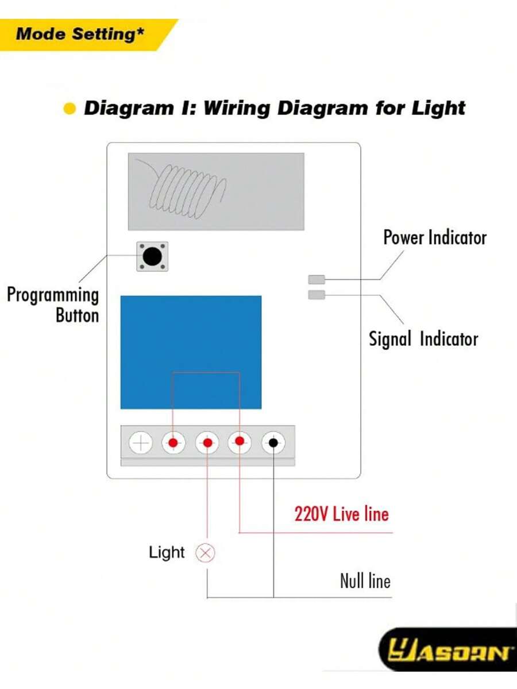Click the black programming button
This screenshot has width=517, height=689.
(152, 256)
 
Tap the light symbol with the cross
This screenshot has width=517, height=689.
(205, 553)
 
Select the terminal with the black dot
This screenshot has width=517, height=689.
(274, 442)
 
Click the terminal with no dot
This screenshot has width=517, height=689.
(141, 444)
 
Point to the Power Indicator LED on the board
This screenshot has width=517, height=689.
(317, 280)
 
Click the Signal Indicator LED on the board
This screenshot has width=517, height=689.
(317, 295)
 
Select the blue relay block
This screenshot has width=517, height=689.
(191, 352)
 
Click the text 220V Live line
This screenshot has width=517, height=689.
(341, 514)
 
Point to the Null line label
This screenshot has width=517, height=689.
(365, 580)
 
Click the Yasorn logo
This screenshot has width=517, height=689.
(449, 652)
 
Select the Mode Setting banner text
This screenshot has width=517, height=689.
(80, 34)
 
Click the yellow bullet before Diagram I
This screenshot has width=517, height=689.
(70, 109)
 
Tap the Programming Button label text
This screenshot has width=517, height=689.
(53, 305)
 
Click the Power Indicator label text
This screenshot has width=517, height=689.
(435, 237)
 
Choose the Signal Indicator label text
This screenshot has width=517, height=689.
(423, 339)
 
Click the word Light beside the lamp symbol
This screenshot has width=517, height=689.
(167, 553)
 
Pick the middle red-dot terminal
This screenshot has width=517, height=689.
(207, 443)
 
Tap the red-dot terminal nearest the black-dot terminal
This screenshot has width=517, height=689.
(240, 441)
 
